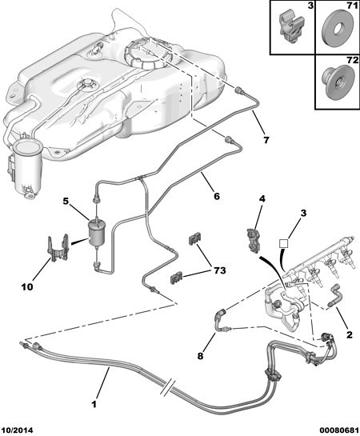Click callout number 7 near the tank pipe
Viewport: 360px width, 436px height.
pos(266,140)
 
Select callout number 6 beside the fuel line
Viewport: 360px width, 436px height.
pos(217,196)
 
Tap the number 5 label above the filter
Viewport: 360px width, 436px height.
pos(66,201)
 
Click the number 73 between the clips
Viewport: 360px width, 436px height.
pos(219,270)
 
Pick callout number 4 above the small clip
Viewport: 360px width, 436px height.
pos(262,198)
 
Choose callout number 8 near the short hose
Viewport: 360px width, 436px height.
pos(201,356)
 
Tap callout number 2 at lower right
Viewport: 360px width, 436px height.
pos(349,334)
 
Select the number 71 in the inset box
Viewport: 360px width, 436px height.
pos(352,6)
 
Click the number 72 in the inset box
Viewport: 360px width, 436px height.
pos(352,60)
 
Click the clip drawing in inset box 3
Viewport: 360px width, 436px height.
pos(290,27)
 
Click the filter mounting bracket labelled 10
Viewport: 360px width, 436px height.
pos(58,249)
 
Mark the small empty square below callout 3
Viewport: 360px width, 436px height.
pos(284,243)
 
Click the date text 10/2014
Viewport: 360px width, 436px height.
pos(17,430)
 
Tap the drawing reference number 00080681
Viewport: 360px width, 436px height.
pos(339,430)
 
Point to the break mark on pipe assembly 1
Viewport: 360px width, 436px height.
pos(168,386)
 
